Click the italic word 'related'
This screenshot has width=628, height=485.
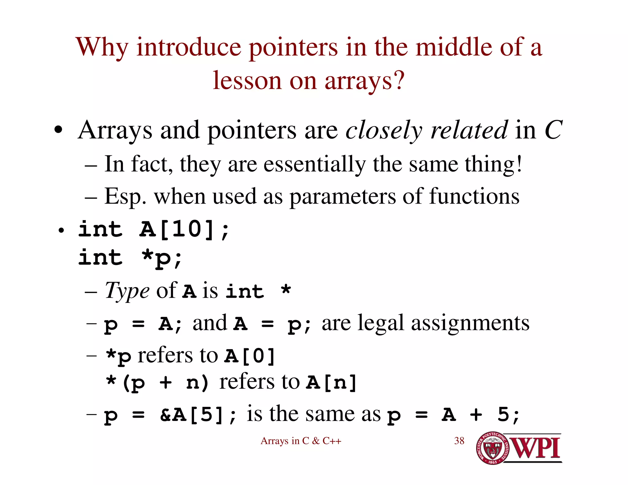469,130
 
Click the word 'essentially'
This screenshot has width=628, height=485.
315,164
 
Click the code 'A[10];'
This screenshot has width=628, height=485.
184,230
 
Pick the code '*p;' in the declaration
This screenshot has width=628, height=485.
162,258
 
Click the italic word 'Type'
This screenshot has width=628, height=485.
127,291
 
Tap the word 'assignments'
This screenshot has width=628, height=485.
470,323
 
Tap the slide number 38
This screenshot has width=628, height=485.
459,441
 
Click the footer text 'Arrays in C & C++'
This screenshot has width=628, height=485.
301,441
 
